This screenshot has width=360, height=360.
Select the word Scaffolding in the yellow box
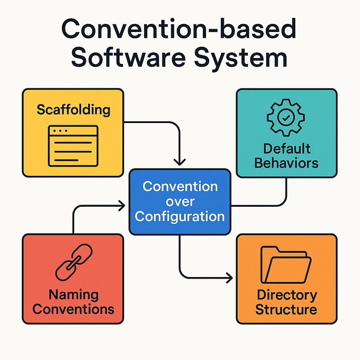point(73,110)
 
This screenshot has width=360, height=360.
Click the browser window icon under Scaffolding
point(73,146)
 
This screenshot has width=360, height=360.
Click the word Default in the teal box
point(287,148)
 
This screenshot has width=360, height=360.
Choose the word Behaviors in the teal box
point(286,163)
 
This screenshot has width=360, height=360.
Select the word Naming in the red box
point(73,295)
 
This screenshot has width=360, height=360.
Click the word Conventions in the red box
point(73,309)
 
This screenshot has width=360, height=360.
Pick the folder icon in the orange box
point(286,264)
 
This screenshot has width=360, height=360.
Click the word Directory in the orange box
point(287,295)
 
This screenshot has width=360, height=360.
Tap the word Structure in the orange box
point(286,310)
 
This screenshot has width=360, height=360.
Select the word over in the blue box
point(180,201)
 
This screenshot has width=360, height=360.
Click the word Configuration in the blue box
point(180,216)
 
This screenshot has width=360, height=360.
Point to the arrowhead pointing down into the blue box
point(180,162)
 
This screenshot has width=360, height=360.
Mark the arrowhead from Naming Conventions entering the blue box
point(122,206)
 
